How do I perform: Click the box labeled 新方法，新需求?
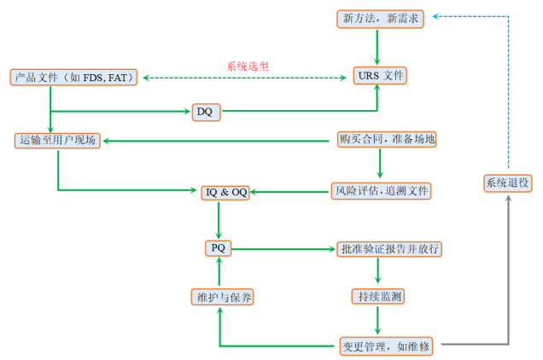tap(377, 19)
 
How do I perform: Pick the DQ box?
tap(205, 111)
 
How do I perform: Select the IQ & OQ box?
tap(225, 192)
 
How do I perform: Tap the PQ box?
tap(219, 248)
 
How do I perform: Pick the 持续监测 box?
tap(377, 297)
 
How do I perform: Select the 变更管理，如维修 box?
tap(386, 345)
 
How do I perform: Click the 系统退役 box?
tap(508, 183)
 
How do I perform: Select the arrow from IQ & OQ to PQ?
tap(219, 220)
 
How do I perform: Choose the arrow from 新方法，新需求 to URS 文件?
tap(377, 47)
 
